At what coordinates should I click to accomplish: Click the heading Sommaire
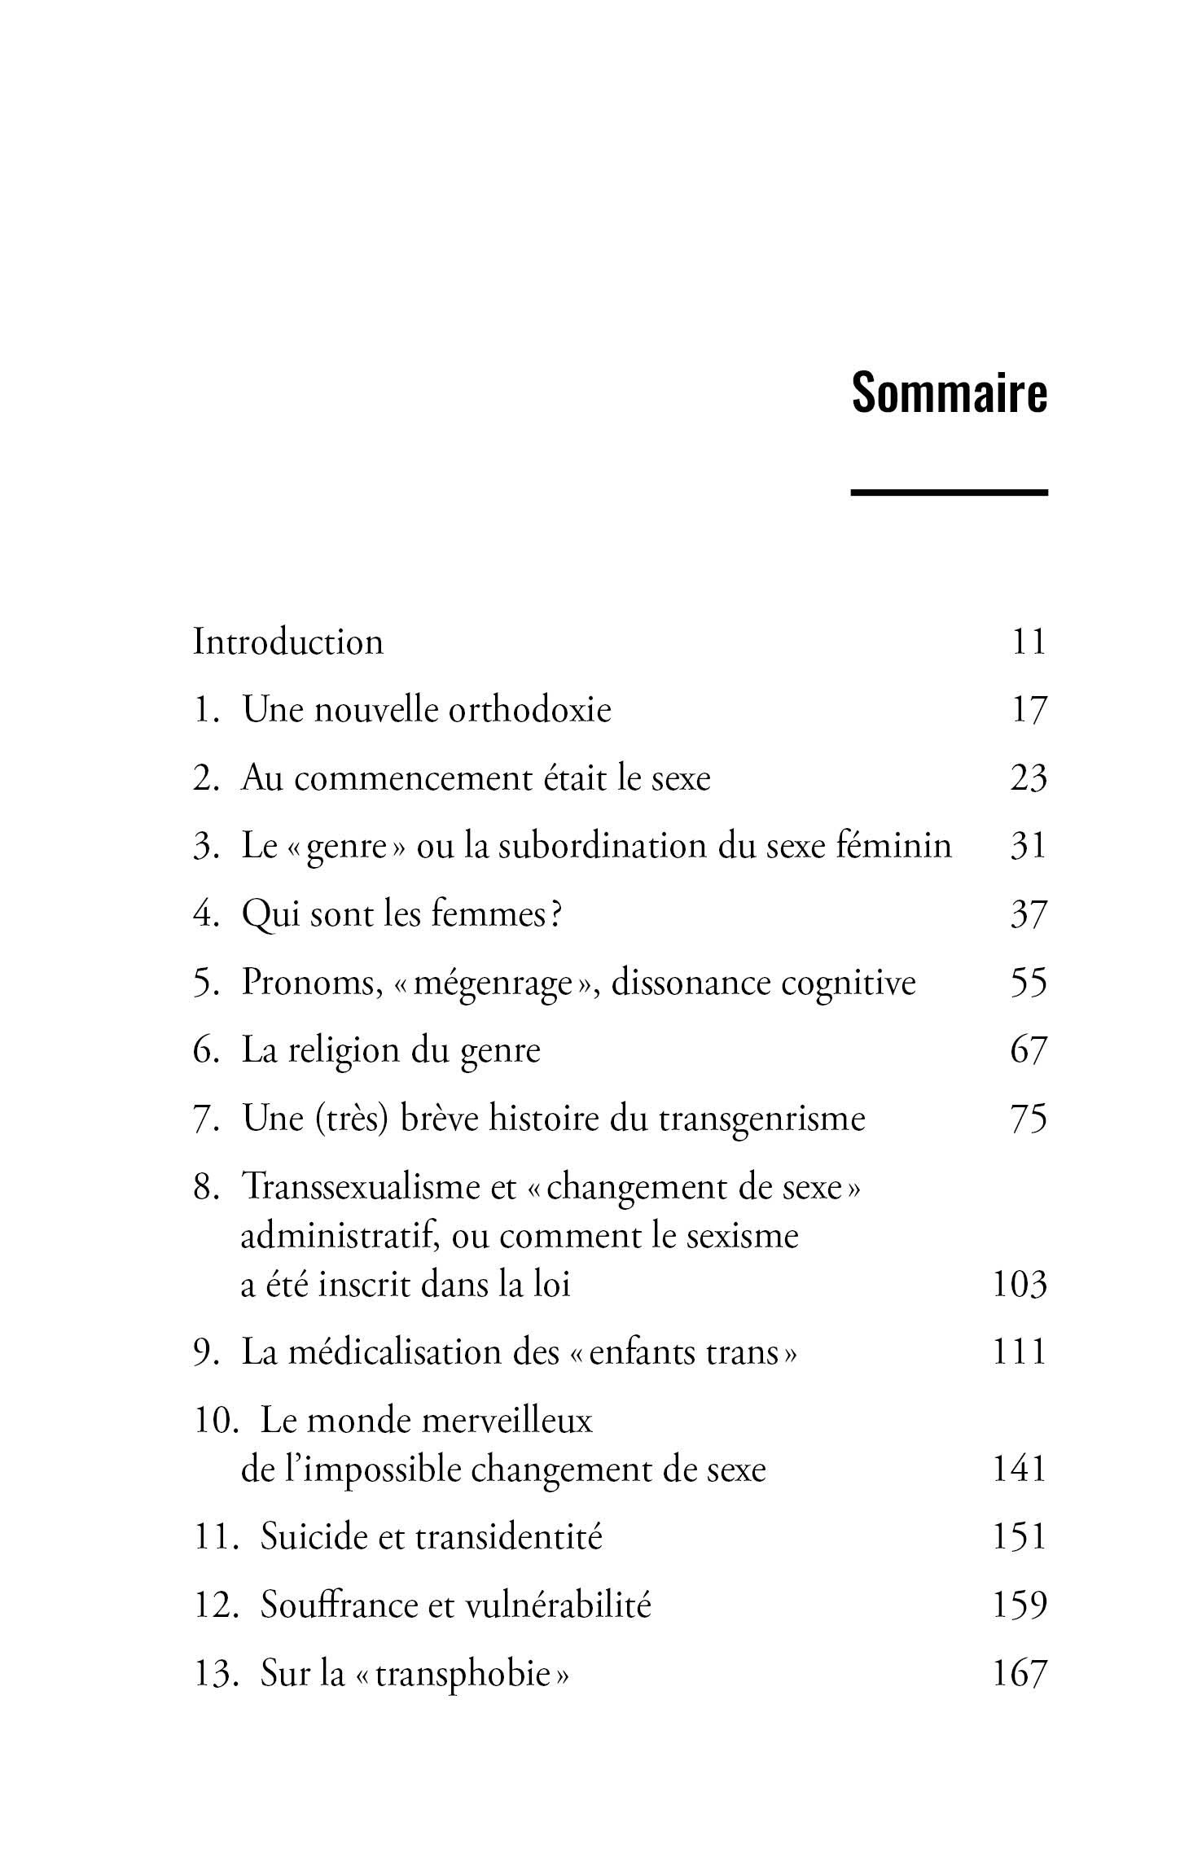pos(949,393)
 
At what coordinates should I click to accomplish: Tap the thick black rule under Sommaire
pos(949,492)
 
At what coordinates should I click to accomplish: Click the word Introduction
pos(287,642)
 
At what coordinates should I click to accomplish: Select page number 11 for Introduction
pos(1028,642)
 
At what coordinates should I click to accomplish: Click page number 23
pos(1028,778)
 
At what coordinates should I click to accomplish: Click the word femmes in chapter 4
pos(489,914)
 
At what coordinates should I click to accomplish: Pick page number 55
pos(1028,983)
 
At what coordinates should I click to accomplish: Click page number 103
pos(1019,1285)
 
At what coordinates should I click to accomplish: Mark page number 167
pos(1019,1674)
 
